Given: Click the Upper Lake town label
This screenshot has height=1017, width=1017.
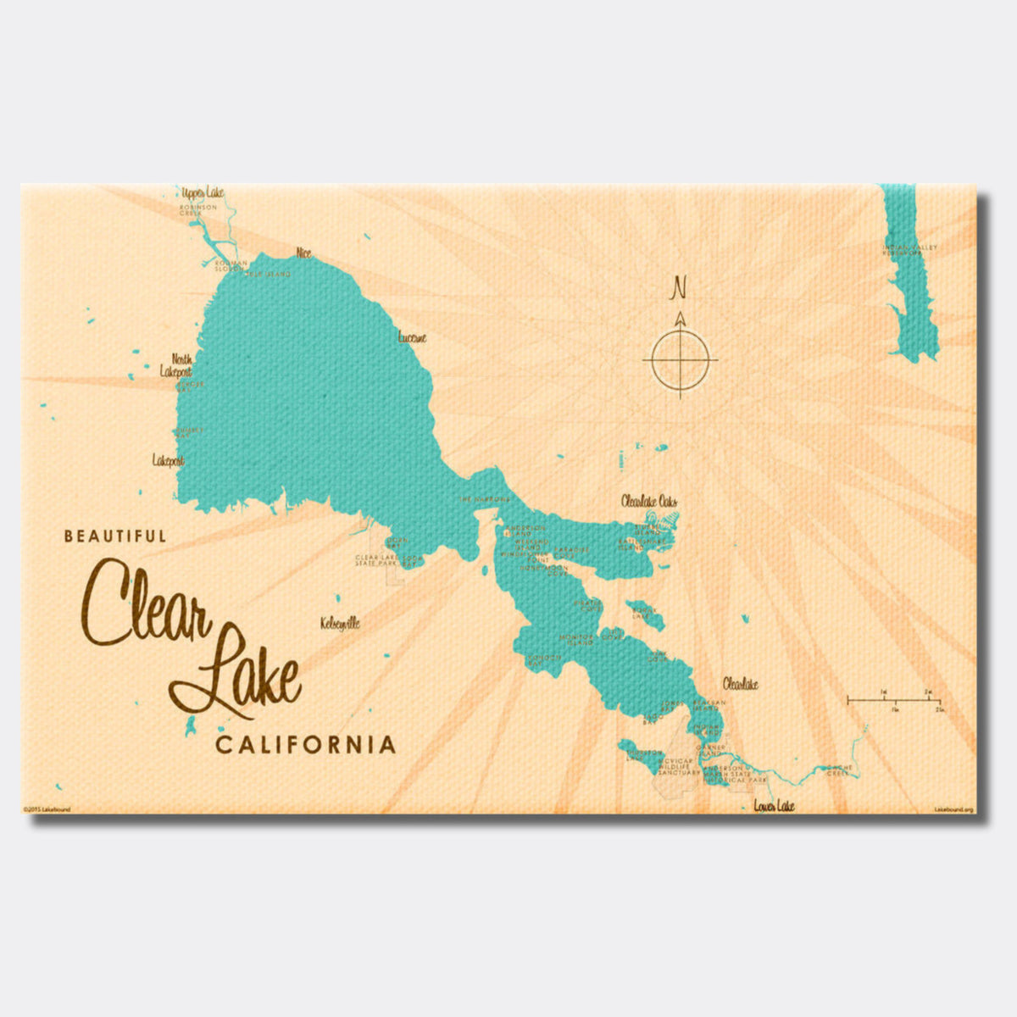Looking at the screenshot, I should pos(202,193).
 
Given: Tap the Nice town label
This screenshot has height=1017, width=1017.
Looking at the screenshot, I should pos(303,253).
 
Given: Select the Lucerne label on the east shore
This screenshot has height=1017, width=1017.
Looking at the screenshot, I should pos(412,337).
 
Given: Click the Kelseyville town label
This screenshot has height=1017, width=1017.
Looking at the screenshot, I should pos(340,623).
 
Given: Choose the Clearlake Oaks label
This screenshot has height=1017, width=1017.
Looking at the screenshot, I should pos(649,502).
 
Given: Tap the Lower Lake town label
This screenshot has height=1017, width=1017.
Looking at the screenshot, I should pos(774,807).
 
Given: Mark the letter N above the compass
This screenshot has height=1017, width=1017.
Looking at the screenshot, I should pos(678,289).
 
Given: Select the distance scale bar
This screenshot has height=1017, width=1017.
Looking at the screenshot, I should pos(894,700).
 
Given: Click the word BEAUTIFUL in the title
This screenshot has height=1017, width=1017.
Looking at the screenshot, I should pos(115,536).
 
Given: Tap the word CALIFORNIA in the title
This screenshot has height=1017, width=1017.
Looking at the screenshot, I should pos(305,745).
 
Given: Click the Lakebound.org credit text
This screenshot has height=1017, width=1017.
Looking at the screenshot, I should pos(953,810).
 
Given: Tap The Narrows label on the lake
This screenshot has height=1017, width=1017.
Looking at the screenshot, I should pos(484,500).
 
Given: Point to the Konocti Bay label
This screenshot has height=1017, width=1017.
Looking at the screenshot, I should pos(545,658).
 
